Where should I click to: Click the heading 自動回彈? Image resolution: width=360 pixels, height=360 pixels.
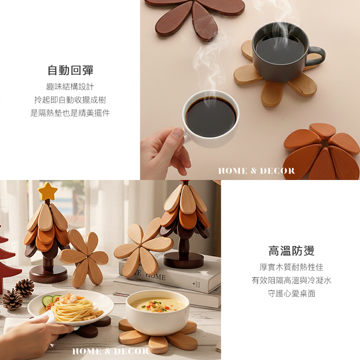[x=70, y=70]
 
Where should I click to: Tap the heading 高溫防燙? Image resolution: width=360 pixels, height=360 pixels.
[x=291, y=250]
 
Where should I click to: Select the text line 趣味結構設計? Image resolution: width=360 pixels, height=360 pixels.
[x=70, y=87]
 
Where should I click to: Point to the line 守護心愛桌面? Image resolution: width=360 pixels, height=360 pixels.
[x=291, y=293]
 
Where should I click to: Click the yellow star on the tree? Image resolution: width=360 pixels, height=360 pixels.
[x=47, y=191]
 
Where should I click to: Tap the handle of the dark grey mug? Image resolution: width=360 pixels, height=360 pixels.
[x=317, y=56]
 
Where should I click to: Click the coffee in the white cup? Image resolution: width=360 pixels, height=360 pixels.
[x=211, y=117]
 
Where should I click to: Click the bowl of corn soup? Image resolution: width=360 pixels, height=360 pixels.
[x=157, y=312]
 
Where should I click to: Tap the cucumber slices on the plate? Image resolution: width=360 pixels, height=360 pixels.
[x=50, y=300]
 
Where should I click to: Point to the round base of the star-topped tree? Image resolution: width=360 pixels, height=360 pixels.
[x=48, y=273]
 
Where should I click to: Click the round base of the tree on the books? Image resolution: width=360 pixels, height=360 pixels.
[x=183, y=260]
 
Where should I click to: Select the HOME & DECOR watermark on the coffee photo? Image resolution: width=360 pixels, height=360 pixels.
[x=256, y=171]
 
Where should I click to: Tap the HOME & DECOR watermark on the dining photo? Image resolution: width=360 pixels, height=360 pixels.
[x=110, y=351]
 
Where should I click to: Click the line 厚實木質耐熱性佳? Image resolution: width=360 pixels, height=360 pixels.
[x=291, y=267]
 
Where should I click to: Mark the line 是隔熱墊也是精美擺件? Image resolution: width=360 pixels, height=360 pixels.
[x=70, y=113]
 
